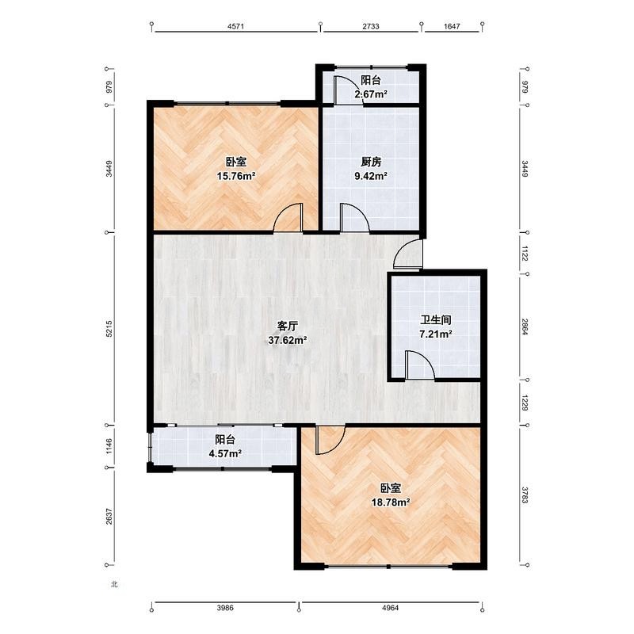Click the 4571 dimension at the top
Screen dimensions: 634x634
pyautogui.click(x=235, y=26)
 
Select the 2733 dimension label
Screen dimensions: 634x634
pyautogui.click(x=371, y=26)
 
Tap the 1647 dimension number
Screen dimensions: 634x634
pyautogui.click(x=452, y=26)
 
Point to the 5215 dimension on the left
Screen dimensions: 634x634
pyautogui.click(x=109, y=329)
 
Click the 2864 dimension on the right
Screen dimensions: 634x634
pyautogui.click(x=525, y=327)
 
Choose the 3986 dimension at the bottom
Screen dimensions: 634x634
pyautogui.click(x=225, y=608)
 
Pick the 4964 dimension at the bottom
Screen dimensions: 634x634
pyautogui.click(x=390, y=608)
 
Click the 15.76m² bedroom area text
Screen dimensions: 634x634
pyautogui.click(x=236, y=176)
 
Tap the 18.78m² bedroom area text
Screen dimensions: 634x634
pyautogui.click(x=391, y=502)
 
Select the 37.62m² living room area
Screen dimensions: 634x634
pyautogui.click(x=288, y=340)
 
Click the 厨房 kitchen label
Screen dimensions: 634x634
pyautogui.click(x=371, y=162)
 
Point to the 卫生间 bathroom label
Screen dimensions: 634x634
pyautogui.click(x=435, y=320)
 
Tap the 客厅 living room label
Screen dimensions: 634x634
pyautogui.click(x=288, y=326)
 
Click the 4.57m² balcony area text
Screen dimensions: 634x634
pyautogui.click(x=225, y=453)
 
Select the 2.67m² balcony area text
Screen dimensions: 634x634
pyautogui.click(x=371, y=94)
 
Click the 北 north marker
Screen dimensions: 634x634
pyautogui.click(x=114, y=584)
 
